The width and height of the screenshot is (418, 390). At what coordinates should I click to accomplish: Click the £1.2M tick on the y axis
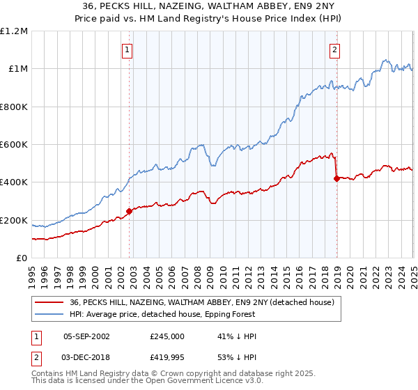(x=14, y=31)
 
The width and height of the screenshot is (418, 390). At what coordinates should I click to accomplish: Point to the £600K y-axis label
(x=14, y=145)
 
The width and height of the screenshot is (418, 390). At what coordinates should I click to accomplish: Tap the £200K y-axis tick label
(x=14, y=221)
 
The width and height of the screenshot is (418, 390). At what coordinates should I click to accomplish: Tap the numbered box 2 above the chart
(x=335, y=49)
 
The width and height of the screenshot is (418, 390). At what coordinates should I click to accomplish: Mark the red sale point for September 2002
(x=129, y=211)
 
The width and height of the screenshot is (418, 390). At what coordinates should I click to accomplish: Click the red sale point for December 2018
(x=336, y=178)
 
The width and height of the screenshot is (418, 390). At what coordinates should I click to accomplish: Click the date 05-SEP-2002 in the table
(x=86, y=336)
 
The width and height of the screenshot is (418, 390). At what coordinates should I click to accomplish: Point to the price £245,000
(x=167, y=336)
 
